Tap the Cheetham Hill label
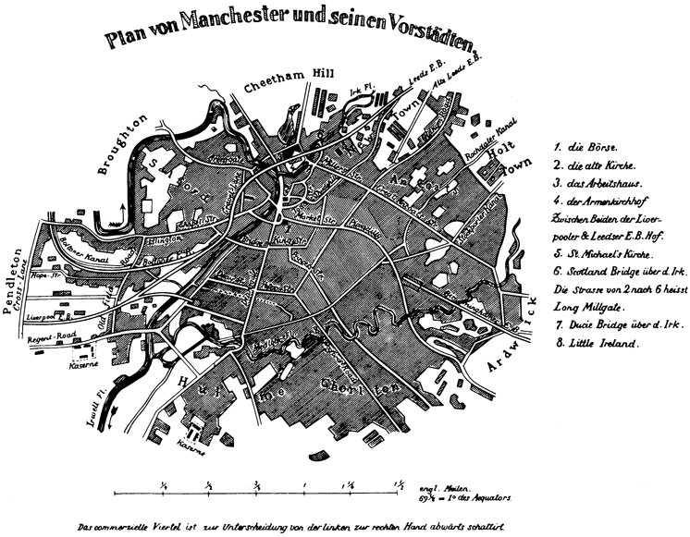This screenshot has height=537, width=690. (285, 84)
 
